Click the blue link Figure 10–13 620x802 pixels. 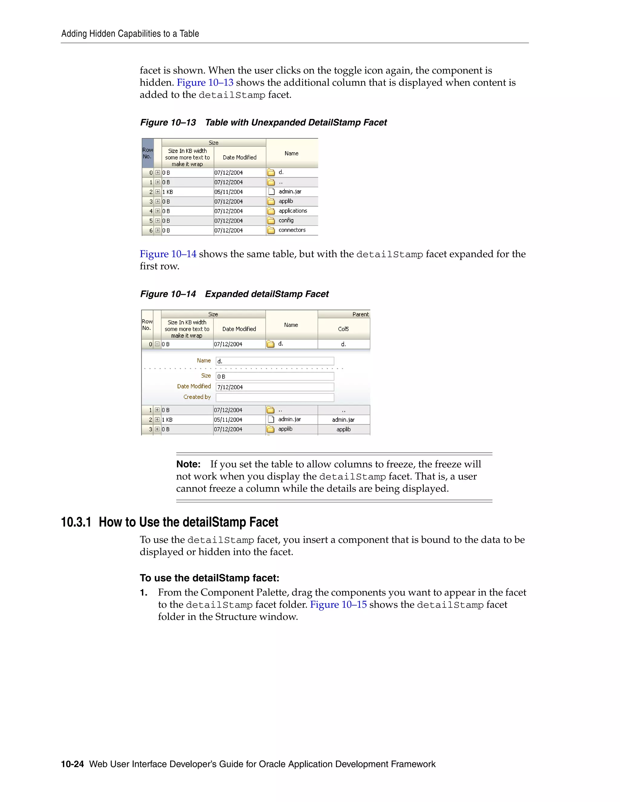click(205, 83)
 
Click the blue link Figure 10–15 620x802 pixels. click(338, 605)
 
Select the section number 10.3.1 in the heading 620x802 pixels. click(76, 522)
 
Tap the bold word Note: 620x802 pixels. click(188, 464)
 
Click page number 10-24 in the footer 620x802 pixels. click(72, 764)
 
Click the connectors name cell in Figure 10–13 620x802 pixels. click(292, 230)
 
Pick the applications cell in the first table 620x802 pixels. click(293, 211)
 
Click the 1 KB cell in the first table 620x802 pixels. click(168, 192)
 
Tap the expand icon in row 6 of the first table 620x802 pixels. click(157, 230)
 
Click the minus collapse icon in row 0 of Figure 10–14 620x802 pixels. click(157, 344)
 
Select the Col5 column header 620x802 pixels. click(343, 329)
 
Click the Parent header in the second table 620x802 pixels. click(360, 314)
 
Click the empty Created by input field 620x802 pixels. click(275, 397)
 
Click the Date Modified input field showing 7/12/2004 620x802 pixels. click(275, 387)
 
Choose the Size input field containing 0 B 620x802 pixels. click(275, 376)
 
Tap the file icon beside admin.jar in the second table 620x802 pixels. click(271, 419)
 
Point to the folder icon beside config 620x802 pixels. click(271, 221)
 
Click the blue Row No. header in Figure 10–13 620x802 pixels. click(148, 153)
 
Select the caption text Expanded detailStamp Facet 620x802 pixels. click(267, 294)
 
